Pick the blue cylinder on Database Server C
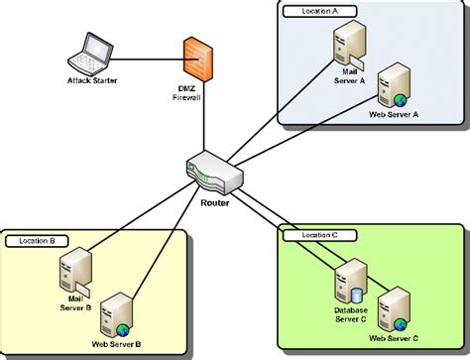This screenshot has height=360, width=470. point(358,295)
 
